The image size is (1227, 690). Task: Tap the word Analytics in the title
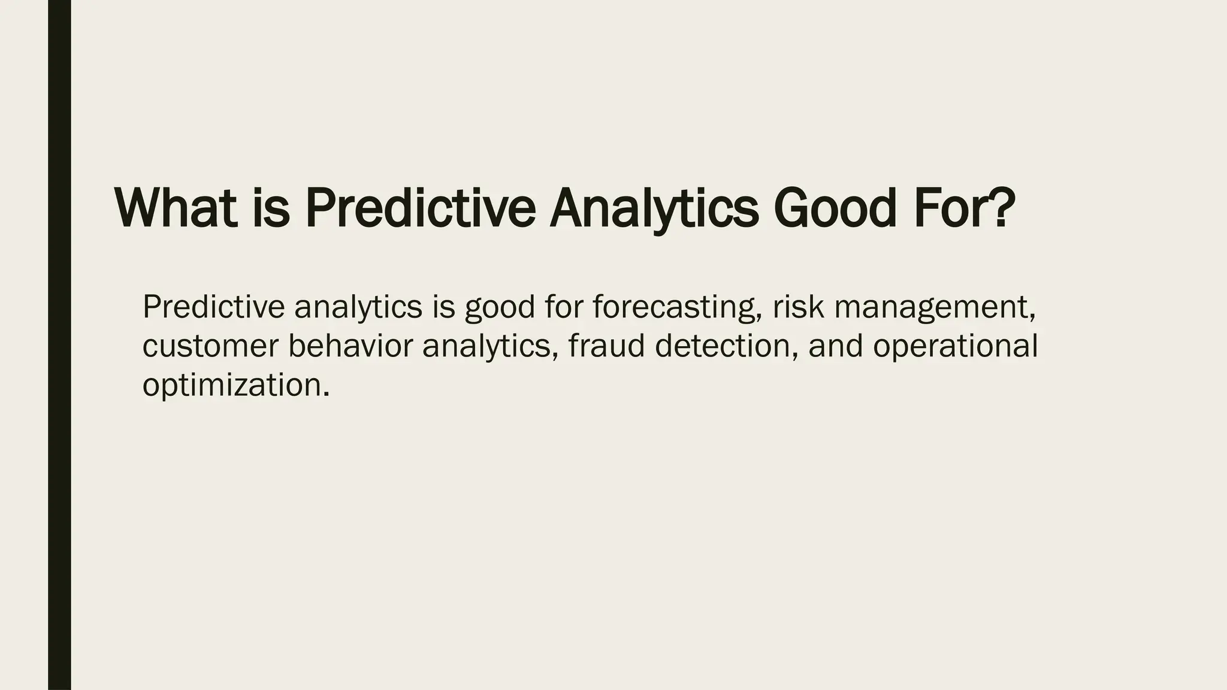[x=654, y=209]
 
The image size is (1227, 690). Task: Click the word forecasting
[x=677, y=308]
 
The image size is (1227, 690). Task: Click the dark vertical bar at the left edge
[x=59, y=345]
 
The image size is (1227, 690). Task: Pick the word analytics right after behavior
[x=486, y=347]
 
